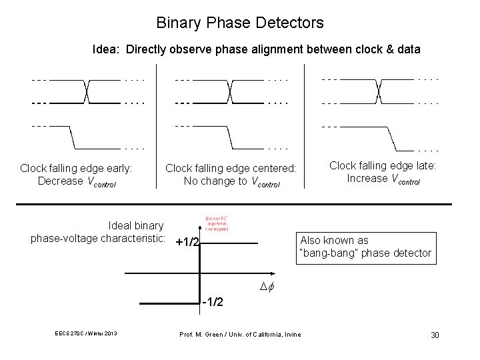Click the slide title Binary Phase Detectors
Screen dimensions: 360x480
[x=240, y=23]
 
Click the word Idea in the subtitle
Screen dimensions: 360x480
[x=107, y=49]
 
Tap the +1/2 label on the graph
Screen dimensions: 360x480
[x=187, y=242]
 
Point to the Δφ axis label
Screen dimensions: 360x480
[x=268, y=287]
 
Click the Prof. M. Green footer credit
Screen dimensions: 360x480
[x=241, y=333]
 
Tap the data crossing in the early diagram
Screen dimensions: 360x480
[x=86, y=91]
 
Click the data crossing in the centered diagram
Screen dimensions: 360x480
[x=229, y=91]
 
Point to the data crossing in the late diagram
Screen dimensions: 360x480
[x=378, y=91]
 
